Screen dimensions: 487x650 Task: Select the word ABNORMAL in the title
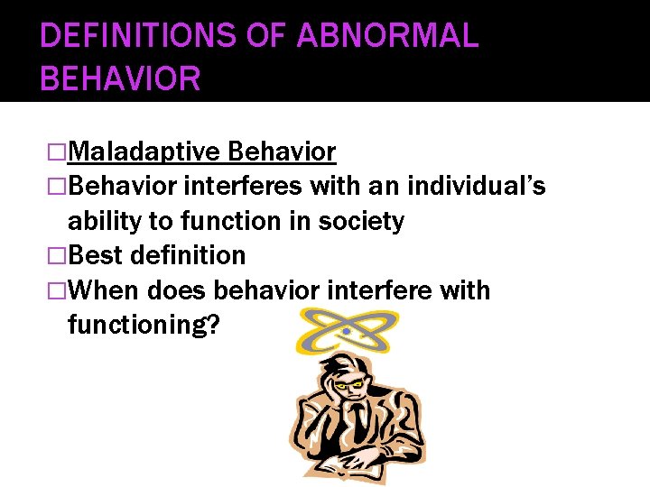pyautogui.click(x=387, y=36)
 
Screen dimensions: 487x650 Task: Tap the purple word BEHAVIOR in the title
pyautogui.click(x=120, y=78)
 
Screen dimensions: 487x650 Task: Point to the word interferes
pyautogui.click(x=243, y=187)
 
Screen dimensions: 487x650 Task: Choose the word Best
pyautogui.click(x=96, y=255)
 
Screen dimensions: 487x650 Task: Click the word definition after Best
pyautogui.click(x=188, y=255)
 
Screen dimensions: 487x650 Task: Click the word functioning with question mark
pyautogui.click(x=143, y=324)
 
